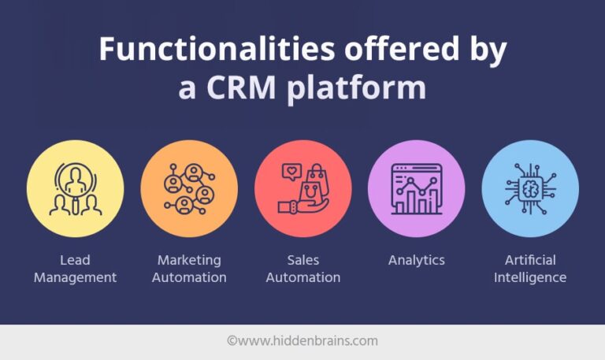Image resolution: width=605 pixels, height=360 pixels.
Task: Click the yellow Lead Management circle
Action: (75, 189)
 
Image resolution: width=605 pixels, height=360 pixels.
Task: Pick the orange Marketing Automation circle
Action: (189, 189)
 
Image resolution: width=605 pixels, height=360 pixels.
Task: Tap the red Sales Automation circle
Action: (302, 189)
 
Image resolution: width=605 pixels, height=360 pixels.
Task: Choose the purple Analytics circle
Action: (416, 189)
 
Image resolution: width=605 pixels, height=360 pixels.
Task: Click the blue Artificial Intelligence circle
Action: (530, 189)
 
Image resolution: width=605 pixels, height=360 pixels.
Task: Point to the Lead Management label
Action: (75, 269)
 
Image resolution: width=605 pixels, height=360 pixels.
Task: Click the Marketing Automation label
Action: (189, 269)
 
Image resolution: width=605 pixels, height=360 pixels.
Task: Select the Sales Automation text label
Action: (302, 269)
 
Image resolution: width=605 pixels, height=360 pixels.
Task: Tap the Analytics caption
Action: (416, 260)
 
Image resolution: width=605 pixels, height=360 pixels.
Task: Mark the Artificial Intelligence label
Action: (530, 269)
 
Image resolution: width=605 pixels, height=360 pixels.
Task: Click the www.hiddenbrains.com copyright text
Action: (302, 341)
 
